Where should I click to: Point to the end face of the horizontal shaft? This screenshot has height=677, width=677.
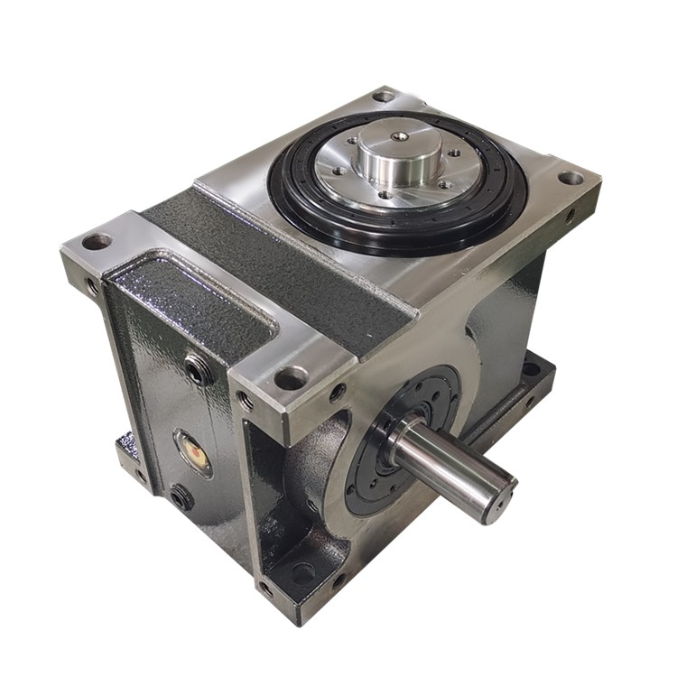499,494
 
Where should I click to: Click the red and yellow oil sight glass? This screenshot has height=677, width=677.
193,451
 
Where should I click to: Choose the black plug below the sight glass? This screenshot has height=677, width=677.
181,496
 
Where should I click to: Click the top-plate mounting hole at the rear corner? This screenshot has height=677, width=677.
384,96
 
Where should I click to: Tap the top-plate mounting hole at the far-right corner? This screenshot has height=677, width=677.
570,178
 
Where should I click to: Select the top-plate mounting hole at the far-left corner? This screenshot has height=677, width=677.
96,242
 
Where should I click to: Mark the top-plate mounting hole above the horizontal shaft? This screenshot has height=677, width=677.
291,378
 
